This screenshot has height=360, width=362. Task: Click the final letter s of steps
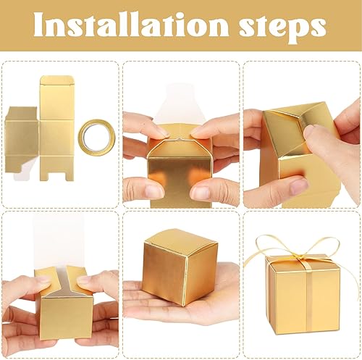click(x=317, y=28)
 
